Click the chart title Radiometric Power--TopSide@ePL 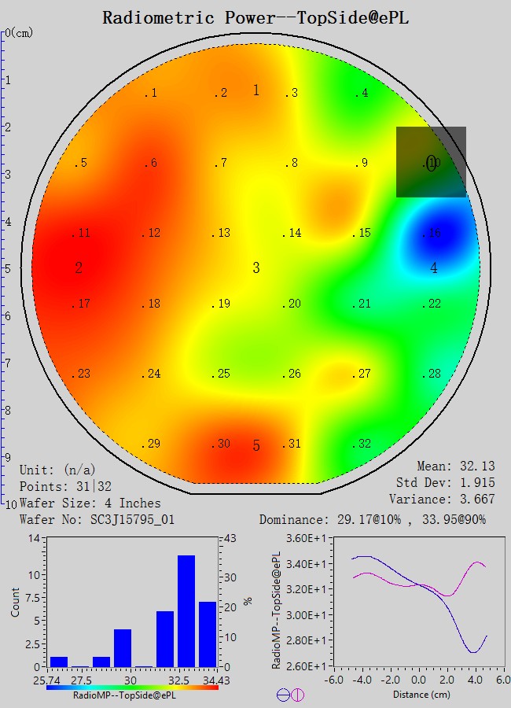pyautogui.click(x=256, y=17)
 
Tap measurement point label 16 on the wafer pyautogui.click(x=432, y=234)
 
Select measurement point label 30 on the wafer pyautogui.click(x=222, y=444)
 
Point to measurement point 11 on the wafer pyautogui.click(x=82, y=234)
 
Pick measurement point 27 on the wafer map pyautogui.click(x=362, y=374)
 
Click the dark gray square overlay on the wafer pyautogui.click(x=431, y=162)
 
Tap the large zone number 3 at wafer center pyautogui.click(x=256, y=268)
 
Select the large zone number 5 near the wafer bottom pyautogui.click(x=256, y=446)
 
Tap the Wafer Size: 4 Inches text pyautogui.click(x=90, y=503)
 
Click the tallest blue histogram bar pyautogui.click(x=186, y=610)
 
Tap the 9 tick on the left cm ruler pyautogui.click(x=9, y=457)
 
